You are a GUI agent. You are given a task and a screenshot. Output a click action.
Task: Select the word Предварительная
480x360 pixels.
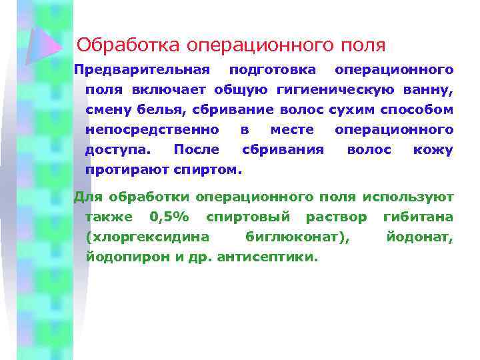point(141,69)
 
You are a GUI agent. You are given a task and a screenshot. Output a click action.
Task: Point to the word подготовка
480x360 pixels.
point(273,69)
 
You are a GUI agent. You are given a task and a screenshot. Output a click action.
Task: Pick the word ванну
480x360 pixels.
point(433,89)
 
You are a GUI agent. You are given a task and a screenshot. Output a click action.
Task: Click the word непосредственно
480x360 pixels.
point(152,129)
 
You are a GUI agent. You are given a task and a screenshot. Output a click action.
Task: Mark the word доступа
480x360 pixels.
point(117,149)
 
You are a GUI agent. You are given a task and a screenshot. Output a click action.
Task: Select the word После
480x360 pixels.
point(193,149)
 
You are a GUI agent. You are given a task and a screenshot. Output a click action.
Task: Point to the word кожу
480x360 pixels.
point(433,149)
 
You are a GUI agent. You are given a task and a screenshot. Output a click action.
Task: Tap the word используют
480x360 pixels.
point(408,197)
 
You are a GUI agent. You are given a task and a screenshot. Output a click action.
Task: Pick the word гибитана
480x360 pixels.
point(418,217)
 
